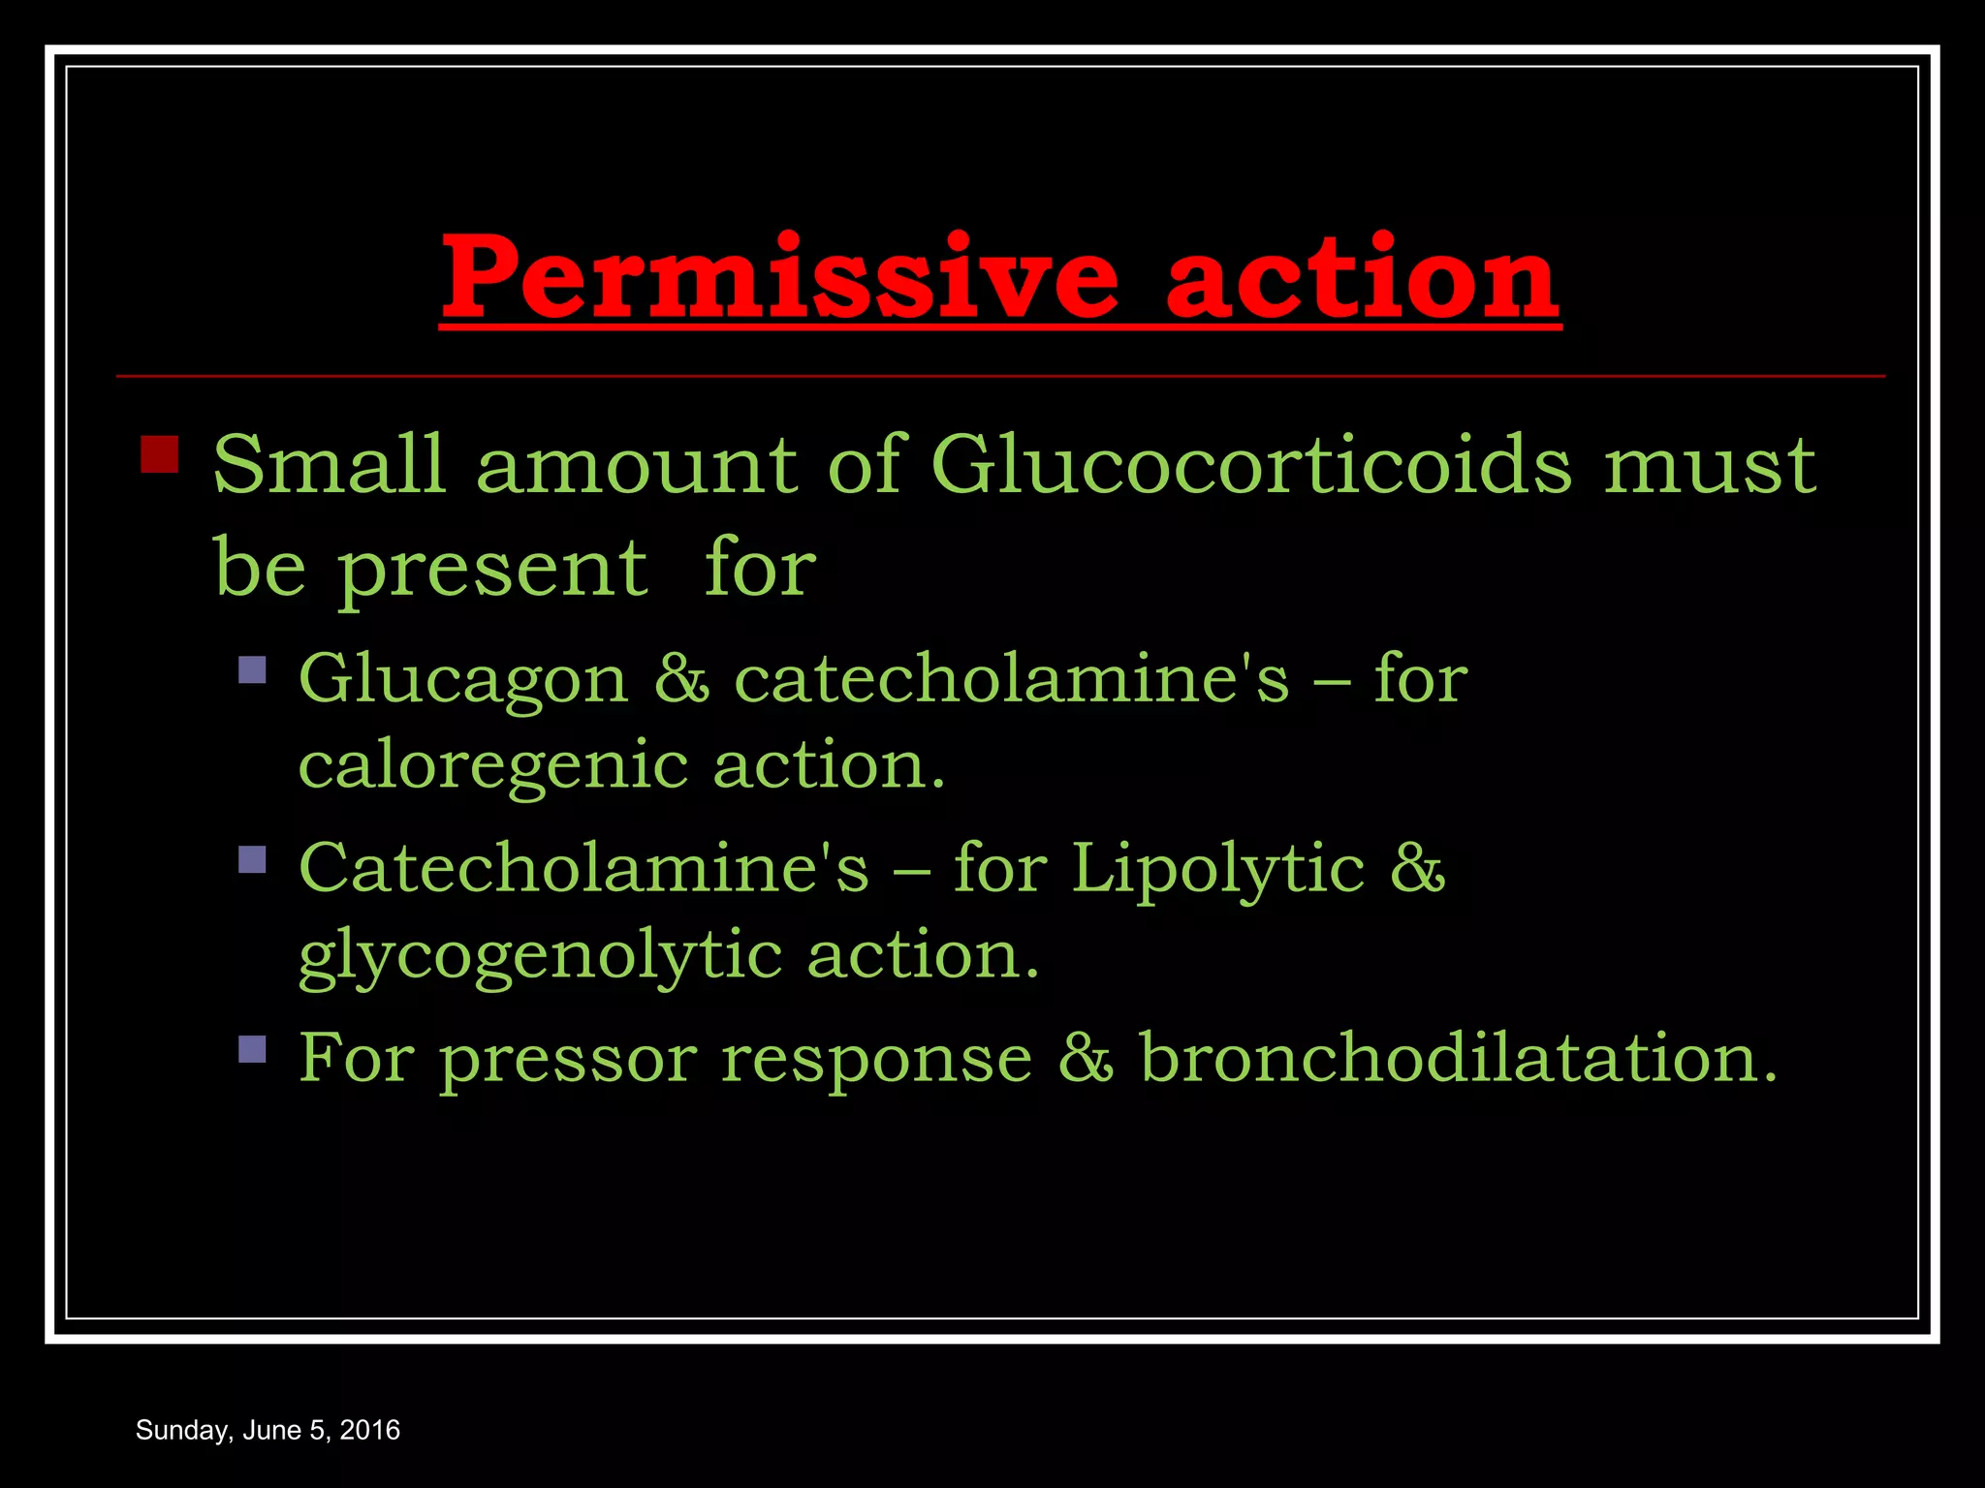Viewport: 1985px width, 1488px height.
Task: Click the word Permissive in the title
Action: coord(779,278)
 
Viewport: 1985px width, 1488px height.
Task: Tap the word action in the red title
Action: coord(1362,278)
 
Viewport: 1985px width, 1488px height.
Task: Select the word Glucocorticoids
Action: coord(1250,465)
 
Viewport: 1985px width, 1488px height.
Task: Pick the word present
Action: coord(492,570)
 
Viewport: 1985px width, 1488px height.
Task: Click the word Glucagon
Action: coord(463,680)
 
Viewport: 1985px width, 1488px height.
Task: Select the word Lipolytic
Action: coord(1217,869)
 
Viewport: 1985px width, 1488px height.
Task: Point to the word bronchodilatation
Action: coord(1459,1057)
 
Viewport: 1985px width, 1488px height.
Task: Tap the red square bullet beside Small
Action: coord(160,453)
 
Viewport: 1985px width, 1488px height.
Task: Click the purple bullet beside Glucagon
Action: coord(252,670)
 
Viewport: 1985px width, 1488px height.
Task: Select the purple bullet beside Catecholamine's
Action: coord(252,859)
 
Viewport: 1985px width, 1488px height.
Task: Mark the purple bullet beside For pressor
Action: coord(252,1048)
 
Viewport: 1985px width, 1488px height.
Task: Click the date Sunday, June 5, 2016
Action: coord(268,1430)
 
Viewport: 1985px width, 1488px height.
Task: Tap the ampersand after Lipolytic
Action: coord(1418,868)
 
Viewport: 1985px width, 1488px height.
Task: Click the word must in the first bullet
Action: coord(1710,465)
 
